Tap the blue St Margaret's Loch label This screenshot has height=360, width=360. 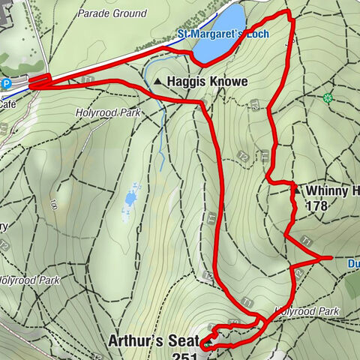223,34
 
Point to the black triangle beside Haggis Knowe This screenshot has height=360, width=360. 158,81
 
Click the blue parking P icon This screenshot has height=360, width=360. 7,84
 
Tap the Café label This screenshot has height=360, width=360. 7,106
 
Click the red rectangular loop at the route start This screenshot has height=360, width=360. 39,81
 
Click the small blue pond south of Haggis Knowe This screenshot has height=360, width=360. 131,199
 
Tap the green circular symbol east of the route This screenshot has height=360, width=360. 327,97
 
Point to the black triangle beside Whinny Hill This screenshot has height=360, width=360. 295,191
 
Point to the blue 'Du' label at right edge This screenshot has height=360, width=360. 353,264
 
